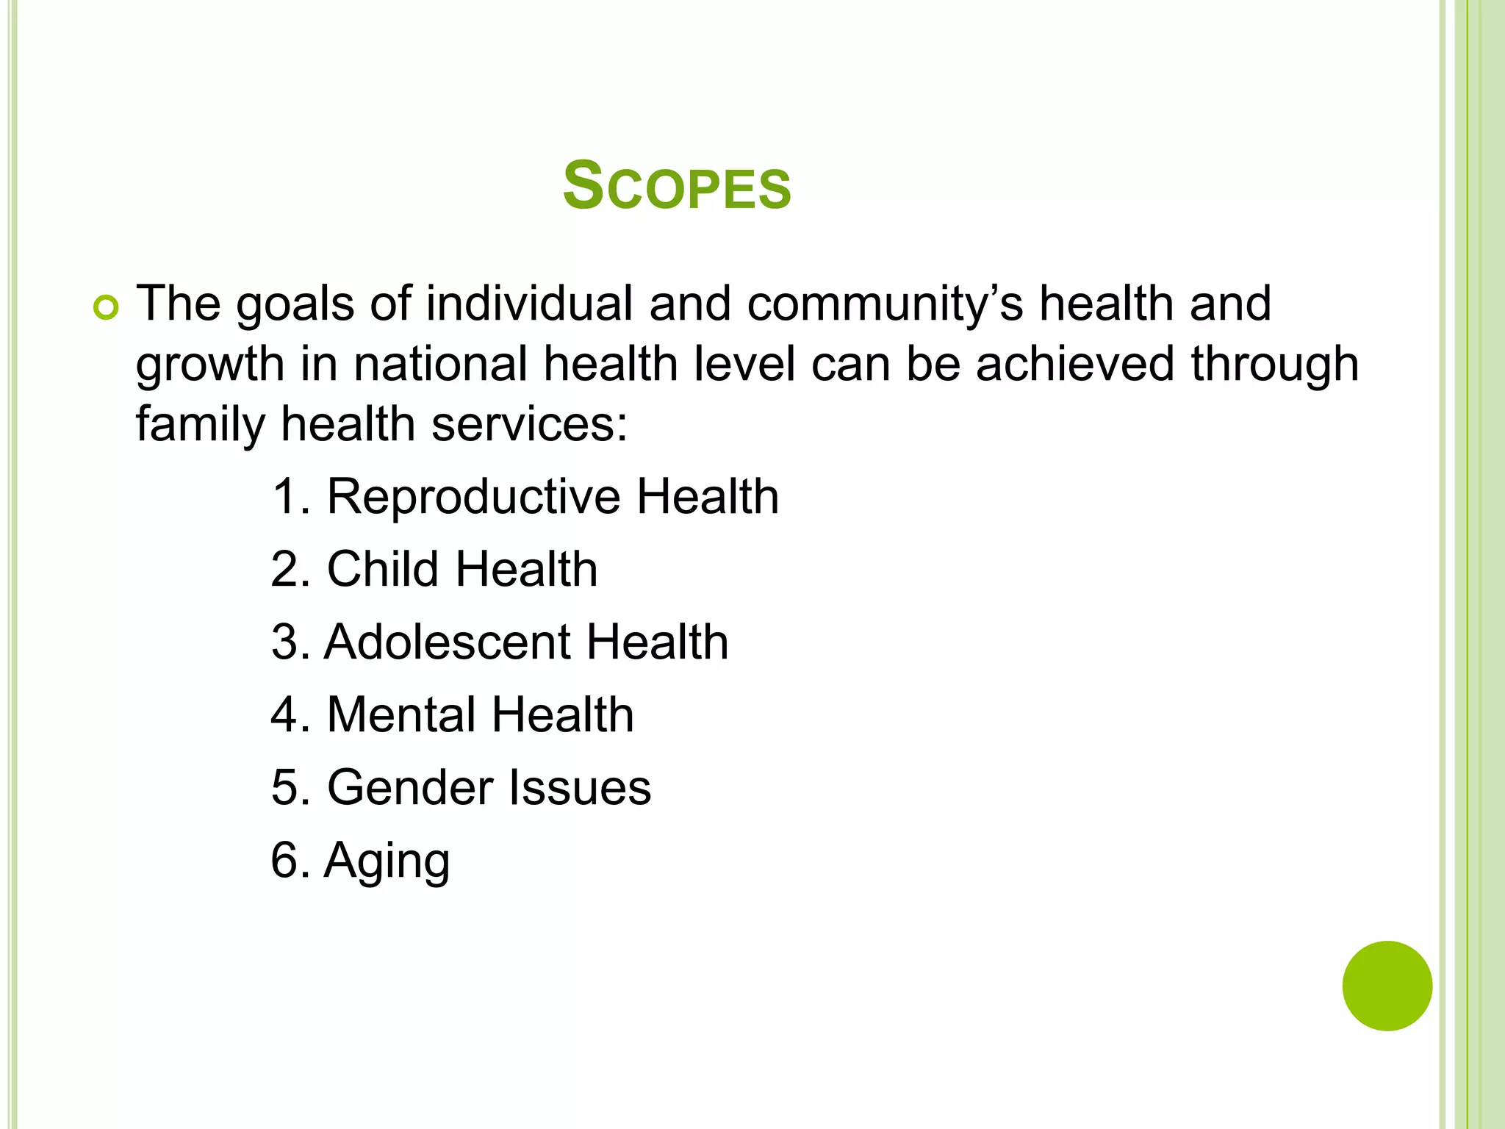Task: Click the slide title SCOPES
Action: click(677, 187)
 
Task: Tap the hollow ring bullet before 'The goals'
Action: click(106, 309)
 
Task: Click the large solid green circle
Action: click(1387, 986)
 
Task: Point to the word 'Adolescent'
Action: click(447, 642)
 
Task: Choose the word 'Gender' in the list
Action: click(409, 788)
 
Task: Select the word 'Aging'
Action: click(387, 861)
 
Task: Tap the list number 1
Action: click(287, 497)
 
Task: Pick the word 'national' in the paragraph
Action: click(440, 365)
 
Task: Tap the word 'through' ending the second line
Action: click(1274, 366)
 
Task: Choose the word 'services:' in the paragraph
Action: click(530, 425)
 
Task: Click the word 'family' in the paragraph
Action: click(202, 426)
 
